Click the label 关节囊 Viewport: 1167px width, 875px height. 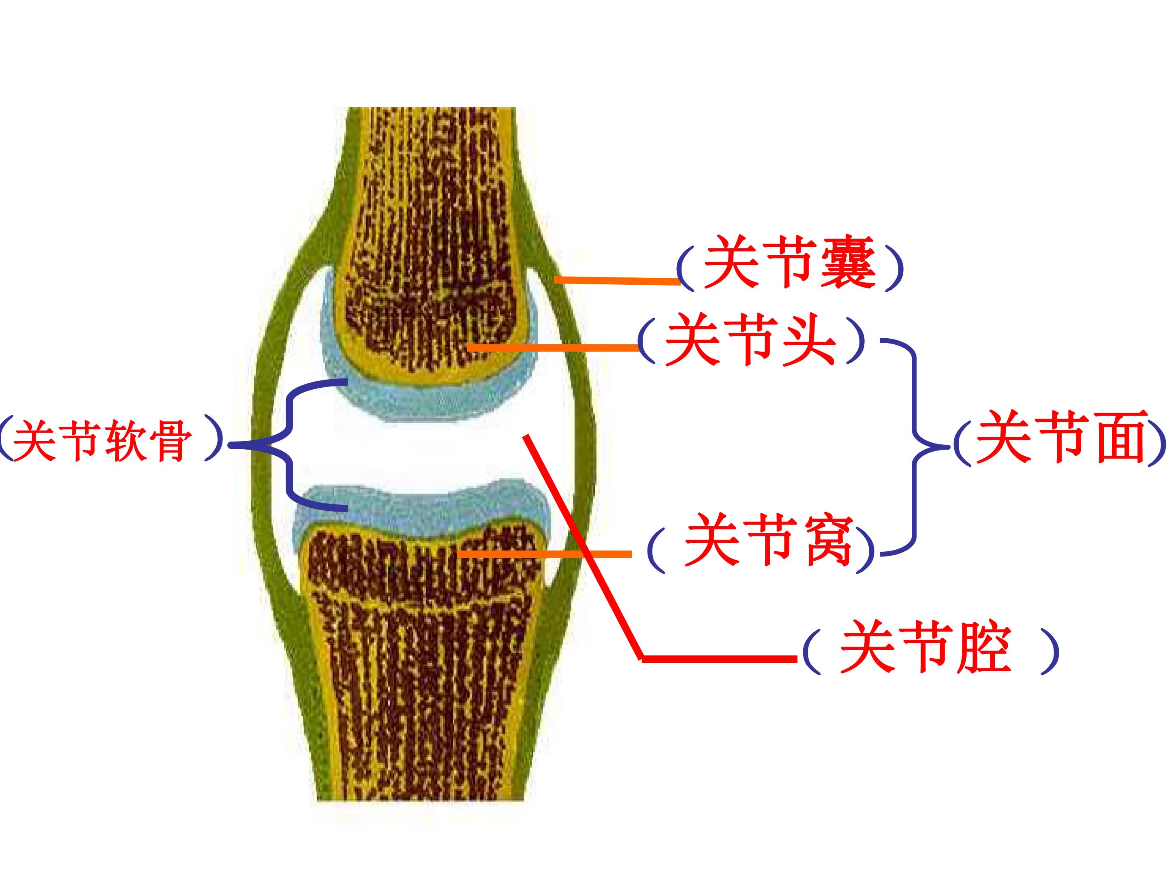790,262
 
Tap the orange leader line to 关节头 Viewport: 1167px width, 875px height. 553,348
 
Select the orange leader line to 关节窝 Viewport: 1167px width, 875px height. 545,554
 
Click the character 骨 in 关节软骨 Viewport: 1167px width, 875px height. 170,440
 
